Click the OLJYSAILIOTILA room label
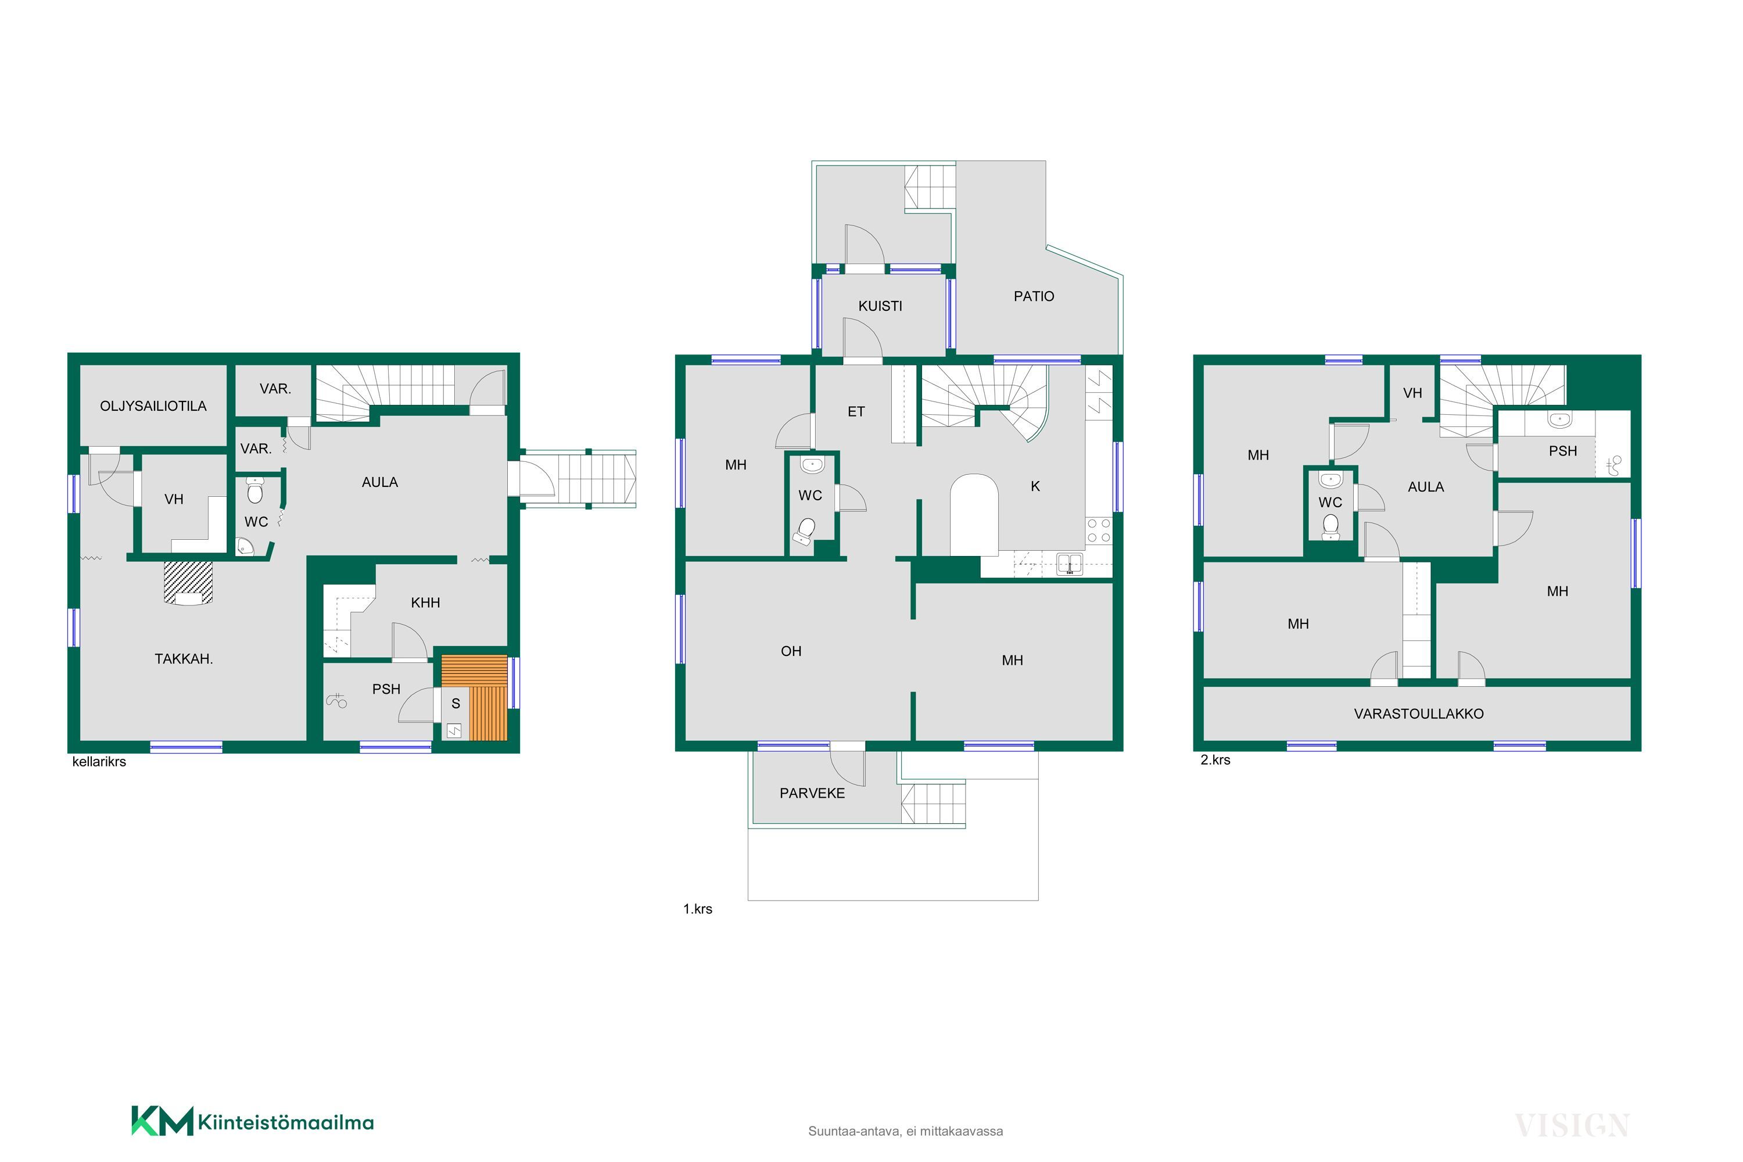(153, 406)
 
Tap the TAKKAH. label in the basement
(184, 659)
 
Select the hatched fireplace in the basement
(188, 583)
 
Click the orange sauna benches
(474, 698)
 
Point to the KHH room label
(425, 603)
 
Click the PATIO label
(1034, 296)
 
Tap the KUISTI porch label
(880, 306)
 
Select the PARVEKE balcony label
(812, 793)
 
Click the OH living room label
(791, 651)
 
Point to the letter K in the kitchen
(1035, 486)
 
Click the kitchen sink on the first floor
(1070, 564)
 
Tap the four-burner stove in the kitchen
(1099, 530)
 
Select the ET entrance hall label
(856, 412)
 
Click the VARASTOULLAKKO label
(1418, 713)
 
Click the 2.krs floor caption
(1215, 759)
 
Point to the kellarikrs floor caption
(99, 762)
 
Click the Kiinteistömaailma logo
(253, 1122)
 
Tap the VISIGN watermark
(1572, 1126)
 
